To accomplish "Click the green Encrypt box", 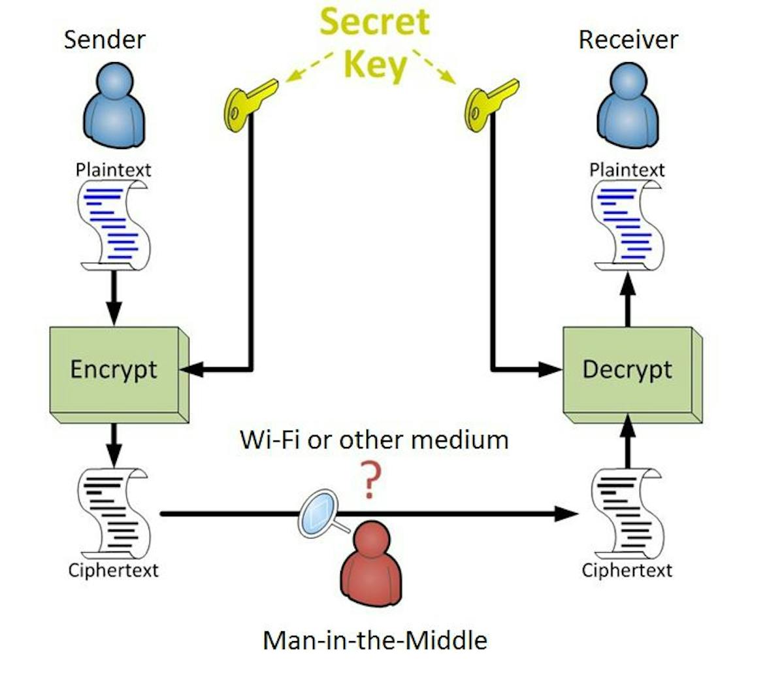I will (115, 370).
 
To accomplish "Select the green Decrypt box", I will (627, 370).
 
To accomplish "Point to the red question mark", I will (370, 480).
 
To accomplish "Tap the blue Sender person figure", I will (115, 105).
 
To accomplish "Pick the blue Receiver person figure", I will (627, 105).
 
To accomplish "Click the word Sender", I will (105, 41).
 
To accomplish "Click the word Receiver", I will (628, 41).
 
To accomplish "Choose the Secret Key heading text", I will (375, 42).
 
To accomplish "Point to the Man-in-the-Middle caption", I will (375, 640).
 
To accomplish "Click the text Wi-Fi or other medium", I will (374, 440).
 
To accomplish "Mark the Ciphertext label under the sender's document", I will (114, 570).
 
